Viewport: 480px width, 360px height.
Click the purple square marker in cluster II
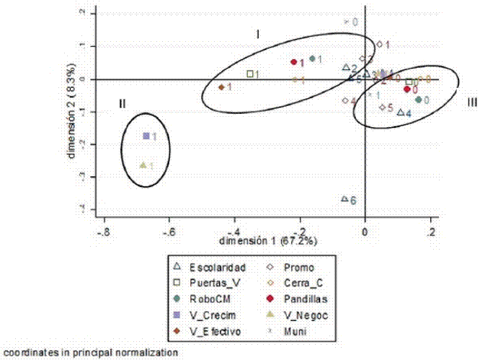click(146, 136)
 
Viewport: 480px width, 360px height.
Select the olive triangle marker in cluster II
click(143, 165)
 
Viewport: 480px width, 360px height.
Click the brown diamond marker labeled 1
click(221, 87)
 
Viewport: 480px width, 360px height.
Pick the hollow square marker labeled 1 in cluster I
click(250, 74)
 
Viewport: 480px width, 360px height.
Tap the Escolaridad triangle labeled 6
click(345, 199)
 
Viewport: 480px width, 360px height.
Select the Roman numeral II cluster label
click(123, 104)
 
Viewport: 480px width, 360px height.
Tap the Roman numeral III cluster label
click(471, 102)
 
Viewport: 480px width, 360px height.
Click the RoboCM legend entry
click(210, 299)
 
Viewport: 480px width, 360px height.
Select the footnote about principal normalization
click(89, 353)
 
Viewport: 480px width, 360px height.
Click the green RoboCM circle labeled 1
click(312, 59)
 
